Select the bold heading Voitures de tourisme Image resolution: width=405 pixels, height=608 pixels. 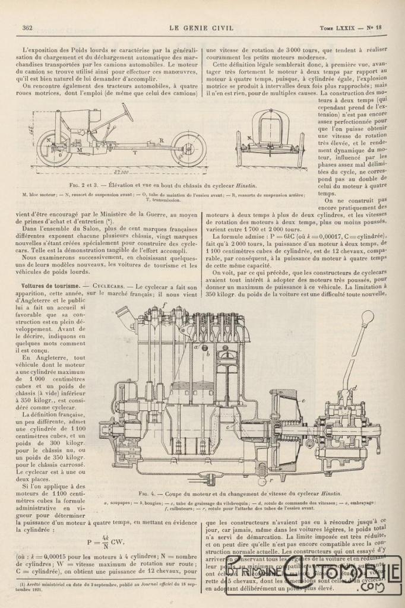49,286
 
